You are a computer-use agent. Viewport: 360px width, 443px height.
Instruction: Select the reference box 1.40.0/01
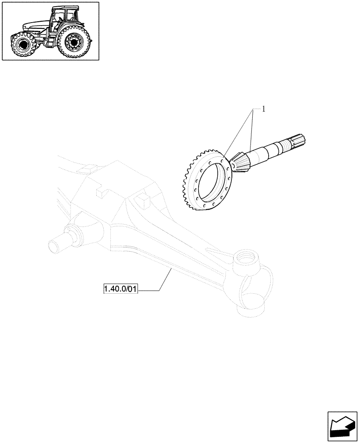click(x=121, y=290)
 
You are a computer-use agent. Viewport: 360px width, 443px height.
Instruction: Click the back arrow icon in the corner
click(x=342, y=427)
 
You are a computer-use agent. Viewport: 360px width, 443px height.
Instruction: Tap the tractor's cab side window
click(x=69, y=20)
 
